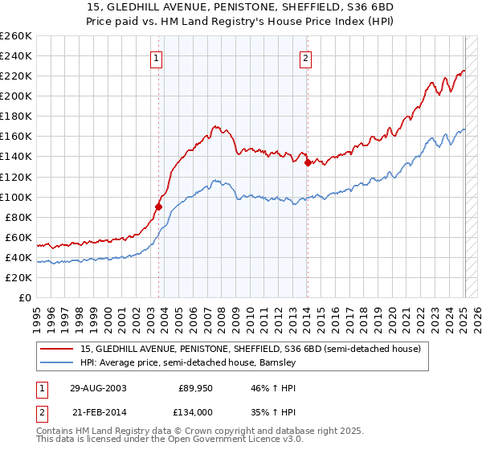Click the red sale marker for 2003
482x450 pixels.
coord(158,207)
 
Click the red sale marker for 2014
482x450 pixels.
coord(308,162)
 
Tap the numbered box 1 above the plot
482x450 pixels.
coord(156,58)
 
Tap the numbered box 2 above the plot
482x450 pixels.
coord(306,58)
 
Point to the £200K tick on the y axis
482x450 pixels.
coord(16,96)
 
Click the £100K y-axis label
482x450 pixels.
coord(16,197)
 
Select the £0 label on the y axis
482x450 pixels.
coord(24,298)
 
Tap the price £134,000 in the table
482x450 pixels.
coord(196,411)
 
